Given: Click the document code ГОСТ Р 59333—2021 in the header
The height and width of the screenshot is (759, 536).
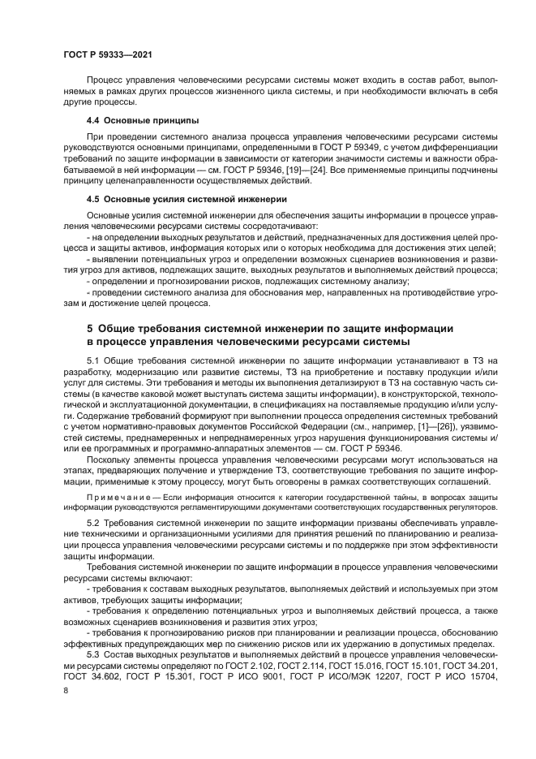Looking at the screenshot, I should click(108, 53).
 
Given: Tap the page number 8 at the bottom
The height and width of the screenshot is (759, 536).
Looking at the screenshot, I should click(66, 689).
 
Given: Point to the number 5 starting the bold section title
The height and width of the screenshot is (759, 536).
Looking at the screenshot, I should click(90, 328).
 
